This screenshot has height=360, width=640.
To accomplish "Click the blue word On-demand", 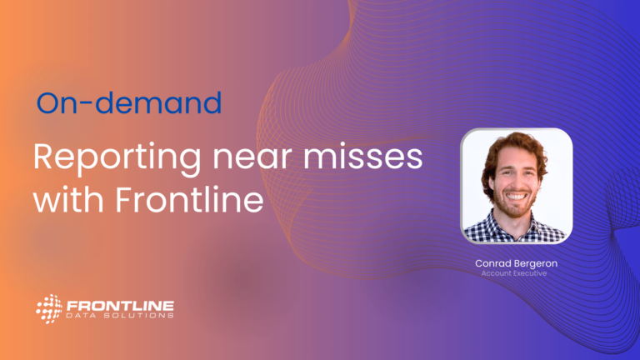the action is click(x=129, y=102).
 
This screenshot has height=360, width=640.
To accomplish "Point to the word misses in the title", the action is click(x=362, y=156).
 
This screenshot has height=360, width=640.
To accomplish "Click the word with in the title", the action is click(x=68, y=199).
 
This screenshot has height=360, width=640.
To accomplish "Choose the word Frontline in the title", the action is click(x=189, y=199).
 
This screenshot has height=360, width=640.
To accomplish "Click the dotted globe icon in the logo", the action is click(x=49, y=308).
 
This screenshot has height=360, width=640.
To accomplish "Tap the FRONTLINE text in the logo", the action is click(x=120, y=306).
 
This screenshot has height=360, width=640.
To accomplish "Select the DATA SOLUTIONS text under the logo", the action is click(x=120, y=316).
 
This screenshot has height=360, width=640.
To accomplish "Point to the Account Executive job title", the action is click(x=514, y=273).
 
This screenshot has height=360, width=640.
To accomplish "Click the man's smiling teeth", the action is click(x=516, y=197).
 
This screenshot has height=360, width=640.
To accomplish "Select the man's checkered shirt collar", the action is click(x=517, y=227).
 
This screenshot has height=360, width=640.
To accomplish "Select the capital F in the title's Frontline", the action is click(x=123, y=199).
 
